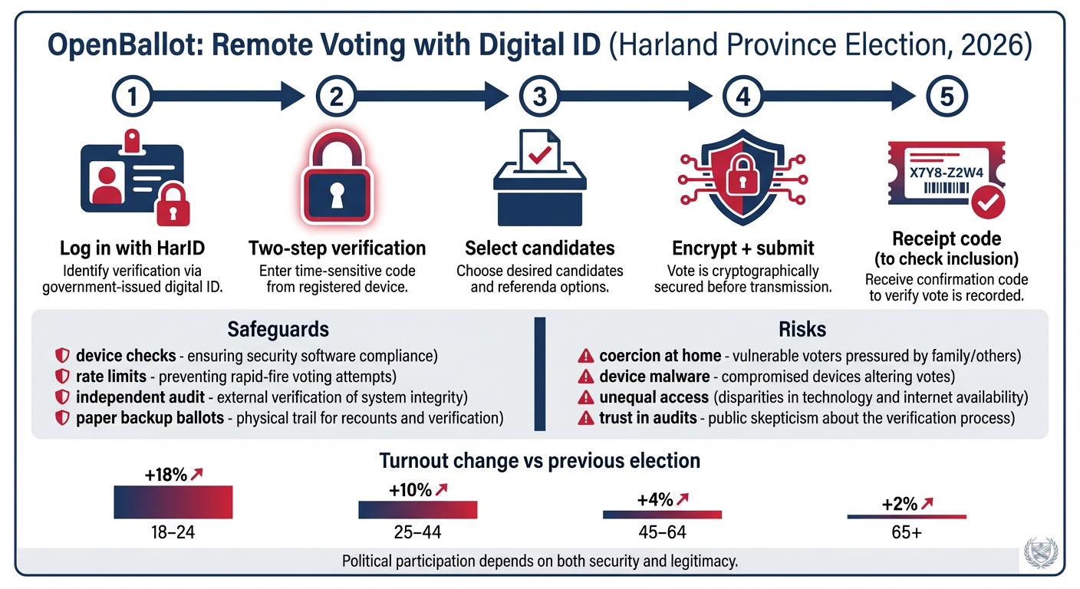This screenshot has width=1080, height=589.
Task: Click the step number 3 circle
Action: coord(539,96)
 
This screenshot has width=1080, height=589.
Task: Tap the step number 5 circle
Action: coord(947,96)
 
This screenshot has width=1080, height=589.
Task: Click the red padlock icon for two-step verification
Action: coord(337,177)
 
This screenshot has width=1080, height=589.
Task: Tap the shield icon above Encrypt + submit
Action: coord(742,177)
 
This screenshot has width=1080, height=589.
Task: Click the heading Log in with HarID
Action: coord(132,248)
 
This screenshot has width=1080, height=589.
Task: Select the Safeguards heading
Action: coord(278,329)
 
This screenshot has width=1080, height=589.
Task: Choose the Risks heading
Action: coord(802,329)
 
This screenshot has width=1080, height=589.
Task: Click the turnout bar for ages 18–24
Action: coord(173,502)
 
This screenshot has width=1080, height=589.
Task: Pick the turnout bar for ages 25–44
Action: coord(417,510)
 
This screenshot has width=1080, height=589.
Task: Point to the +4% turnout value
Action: coord(655,500)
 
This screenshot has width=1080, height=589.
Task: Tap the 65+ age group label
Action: coord(907,532)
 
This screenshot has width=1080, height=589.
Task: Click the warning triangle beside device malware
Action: coord(585,377)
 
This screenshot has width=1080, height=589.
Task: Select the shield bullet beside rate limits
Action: coord(62,377)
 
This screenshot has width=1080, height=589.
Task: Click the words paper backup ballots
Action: coord(150,418)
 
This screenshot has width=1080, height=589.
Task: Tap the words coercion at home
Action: coord(660,356)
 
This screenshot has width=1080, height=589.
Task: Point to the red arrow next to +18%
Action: coord(196,474)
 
